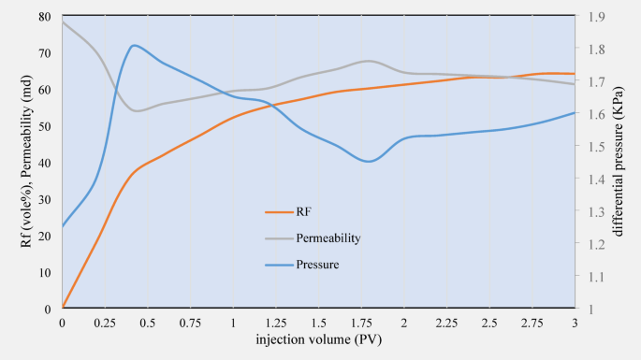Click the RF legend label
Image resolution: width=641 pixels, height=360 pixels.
point(303,212)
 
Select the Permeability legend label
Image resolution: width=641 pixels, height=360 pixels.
point(328,238)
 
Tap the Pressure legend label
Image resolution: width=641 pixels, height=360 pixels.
point(317,265)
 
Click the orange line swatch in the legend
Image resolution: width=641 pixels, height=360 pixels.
point(279,212)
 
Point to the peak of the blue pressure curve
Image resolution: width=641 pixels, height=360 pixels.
point(135,45)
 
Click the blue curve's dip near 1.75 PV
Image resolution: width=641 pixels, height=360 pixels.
point(369,161)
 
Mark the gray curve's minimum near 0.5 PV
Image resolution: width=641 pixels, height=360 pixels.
point(138,110)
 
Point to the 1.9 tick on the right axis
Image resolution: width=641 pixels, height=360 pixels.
point(594,17)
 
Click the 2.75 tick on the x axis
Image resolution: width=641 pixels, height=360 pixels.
point(532,323)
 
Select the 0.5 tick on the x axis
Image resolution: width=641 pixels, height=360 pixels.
point(147,323)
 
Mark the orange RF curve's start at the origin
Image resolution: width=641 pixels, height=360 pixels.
point(63,308)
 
